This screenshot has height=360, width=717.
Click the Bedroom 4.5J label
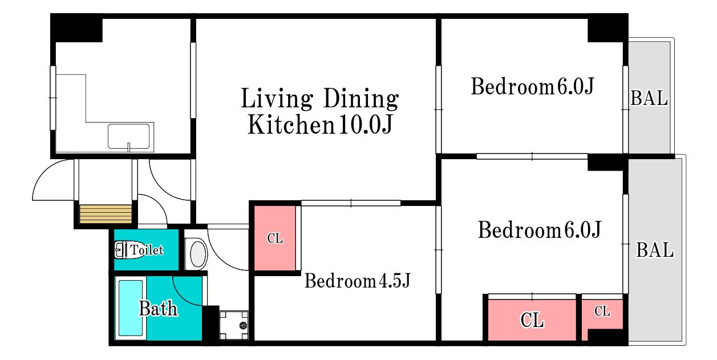357,281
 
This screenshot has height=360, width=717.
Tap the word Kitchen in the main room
291,124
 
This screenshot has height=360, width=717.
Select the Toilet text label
147,250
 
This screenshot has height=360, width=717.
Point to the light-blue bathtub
131,308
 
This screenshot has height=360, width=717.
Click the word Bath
158,309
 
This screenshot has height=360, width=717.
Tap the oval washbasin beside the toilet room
198,254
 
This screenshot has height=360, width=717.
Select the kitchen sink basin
129,137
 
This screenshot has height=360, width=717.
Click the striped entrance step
106,214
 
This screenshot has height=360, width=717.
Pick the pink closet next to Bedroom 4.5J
274,238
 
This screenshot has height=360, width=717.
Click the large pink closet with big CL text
532,319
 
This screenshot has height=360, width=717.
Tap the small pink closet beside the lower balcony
602,315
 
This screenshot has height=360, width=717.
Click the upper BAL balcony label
649,98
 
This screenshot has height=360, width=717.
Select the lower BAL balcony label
655,250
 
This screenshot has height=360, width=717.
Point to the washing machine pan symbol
234,325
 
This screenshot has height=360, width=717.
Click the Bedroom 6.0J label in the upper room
532,86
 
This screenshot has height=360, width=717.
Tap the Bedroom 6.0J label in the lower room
540,230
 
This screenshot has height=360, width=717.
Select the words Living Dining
320,98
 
